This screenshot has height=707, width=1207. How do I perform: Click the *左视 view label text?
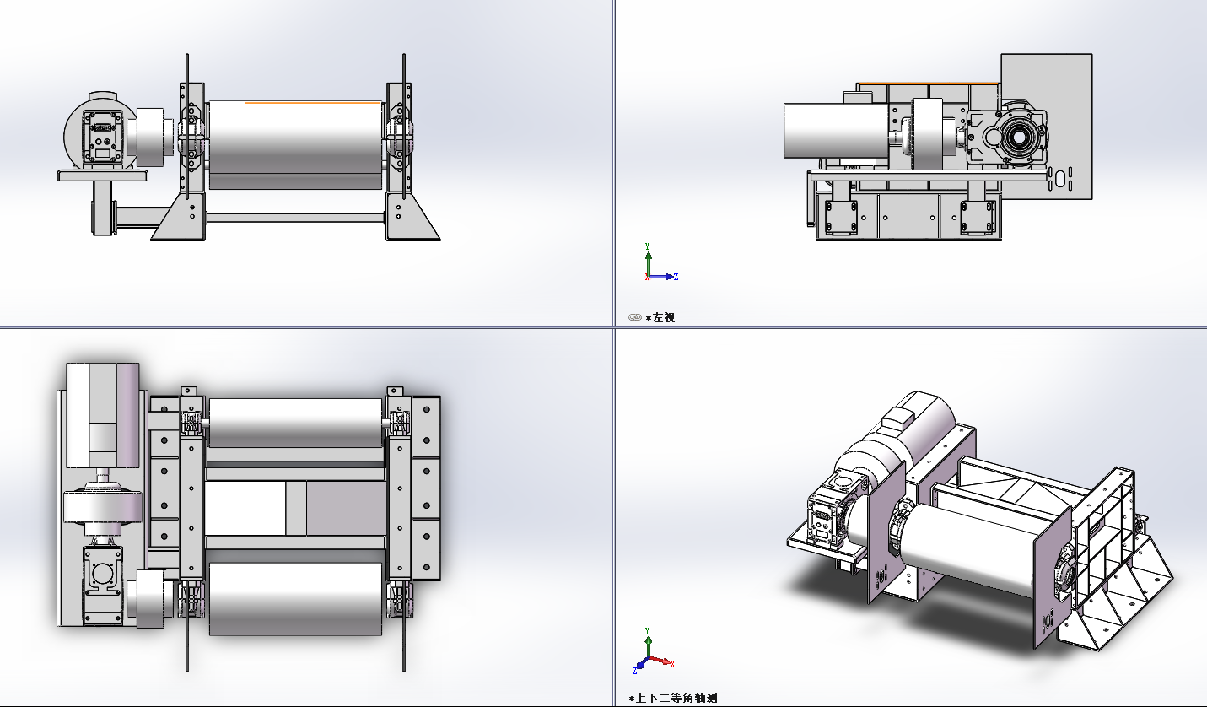(660, 317)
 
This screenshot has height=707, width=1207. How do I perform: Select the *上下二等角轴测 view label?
(673, 699)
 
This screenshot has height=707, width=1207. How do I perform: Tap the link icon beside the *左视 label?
(635, 317)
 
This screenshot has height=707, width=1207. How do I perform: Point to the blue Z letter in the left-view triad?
(676, 277)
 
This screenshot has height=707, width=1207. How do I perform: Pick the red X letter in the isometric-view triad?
(672, 664)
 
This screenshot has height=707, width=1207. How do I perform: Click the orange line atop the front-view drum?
(313, 102)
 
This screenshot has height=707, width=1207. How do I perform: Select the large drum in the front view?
(295, 145)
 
